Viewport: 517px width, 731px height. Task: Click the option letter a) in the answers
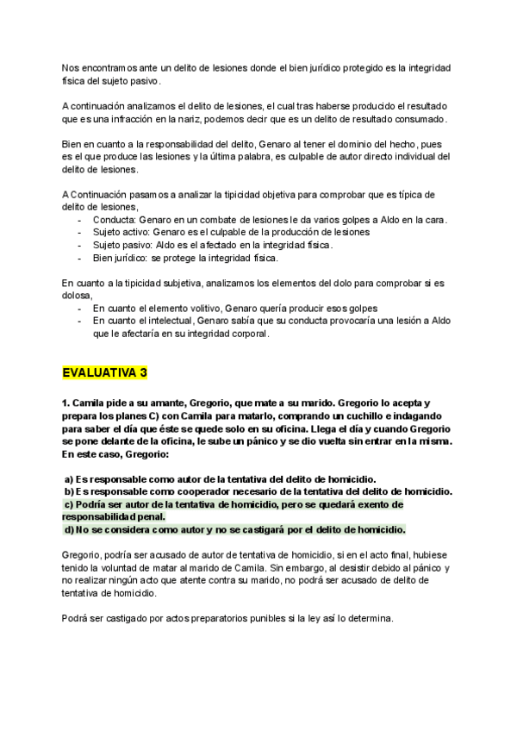tap(69, 479)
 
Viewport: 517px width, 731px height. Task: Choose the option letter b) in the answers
tap(69, 491)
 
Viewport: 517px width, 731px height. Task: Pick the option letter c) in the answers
tap(70, 503)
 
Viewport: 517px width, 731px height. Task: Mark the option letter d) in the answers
tap(70, 528)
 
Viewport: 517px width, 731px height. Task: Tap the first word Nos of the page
tap(71, 67)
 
